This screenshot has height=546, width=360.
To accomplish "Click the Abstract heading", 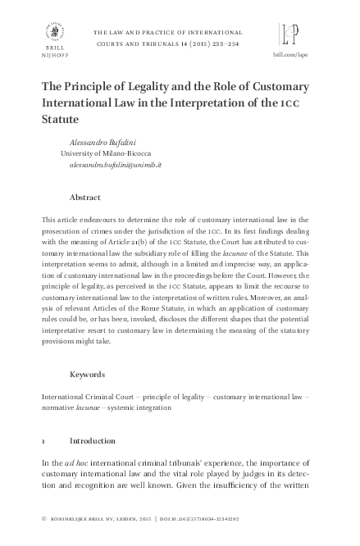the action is pos(85,198).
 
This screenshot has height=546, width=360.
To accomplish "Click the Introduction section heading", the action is pos(92,439).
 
